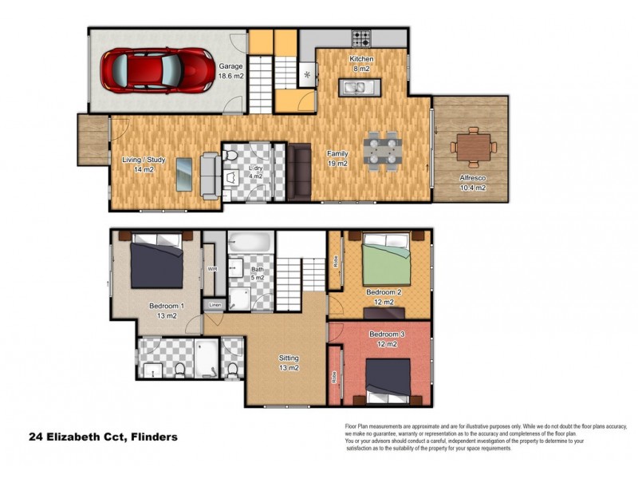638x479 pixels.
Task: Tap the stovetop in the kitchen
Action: click(x=362, y=37)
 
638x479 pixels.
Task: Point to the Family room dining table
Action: click(x=383, y=150)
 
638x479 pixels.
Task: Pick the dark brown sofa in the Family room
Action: click(x=301, y=172)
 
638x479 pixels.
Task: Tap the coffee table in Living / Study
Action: click(x=183, y=175)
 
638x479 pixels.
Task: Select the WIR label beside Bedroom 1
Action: click(x=212, y=269)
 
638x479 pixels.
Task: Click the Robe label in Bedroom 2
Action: click(x=337, y=260)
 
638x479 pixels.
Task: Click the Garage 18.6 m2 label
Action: click(x=230, y=71)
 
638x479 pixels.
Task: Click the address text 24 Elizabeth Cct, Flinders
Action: click(x=103, y=437)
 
